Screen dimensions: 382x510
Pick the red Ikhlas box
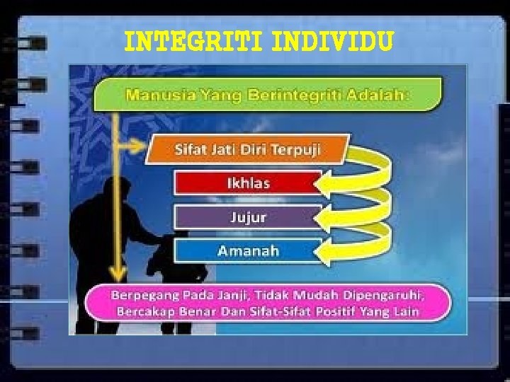click(248, 183)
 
